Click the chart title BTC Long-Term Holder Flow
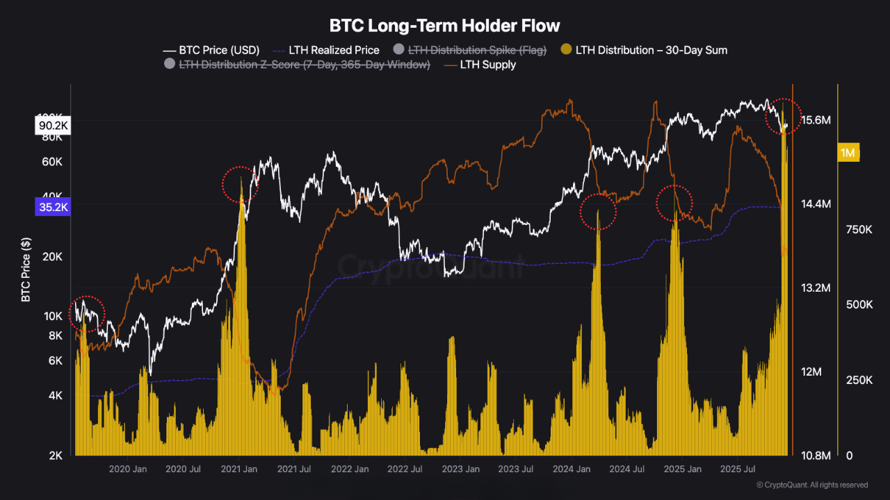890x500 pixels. click(x=444, y=26)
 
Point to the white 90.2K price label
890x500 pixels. click(x=52, y=126)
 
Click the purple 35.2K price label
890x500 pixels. click(x=52, y=206)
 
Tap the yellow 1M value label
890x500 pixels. click(x=848, y=153)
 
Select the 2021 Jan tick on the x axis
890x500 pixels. click(x=238, y=469)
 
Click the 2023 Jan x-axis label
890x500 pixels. click(x=461, y=469)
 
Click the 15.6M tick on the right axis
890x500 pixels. click(x=816, y=120)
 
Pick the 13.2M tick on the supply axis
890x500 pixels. click(x=816, y=287)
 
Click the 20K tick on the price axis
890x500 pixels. click(x=53, y=256)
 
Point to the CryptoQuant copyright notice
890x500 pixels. click(x=812, y=485)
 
